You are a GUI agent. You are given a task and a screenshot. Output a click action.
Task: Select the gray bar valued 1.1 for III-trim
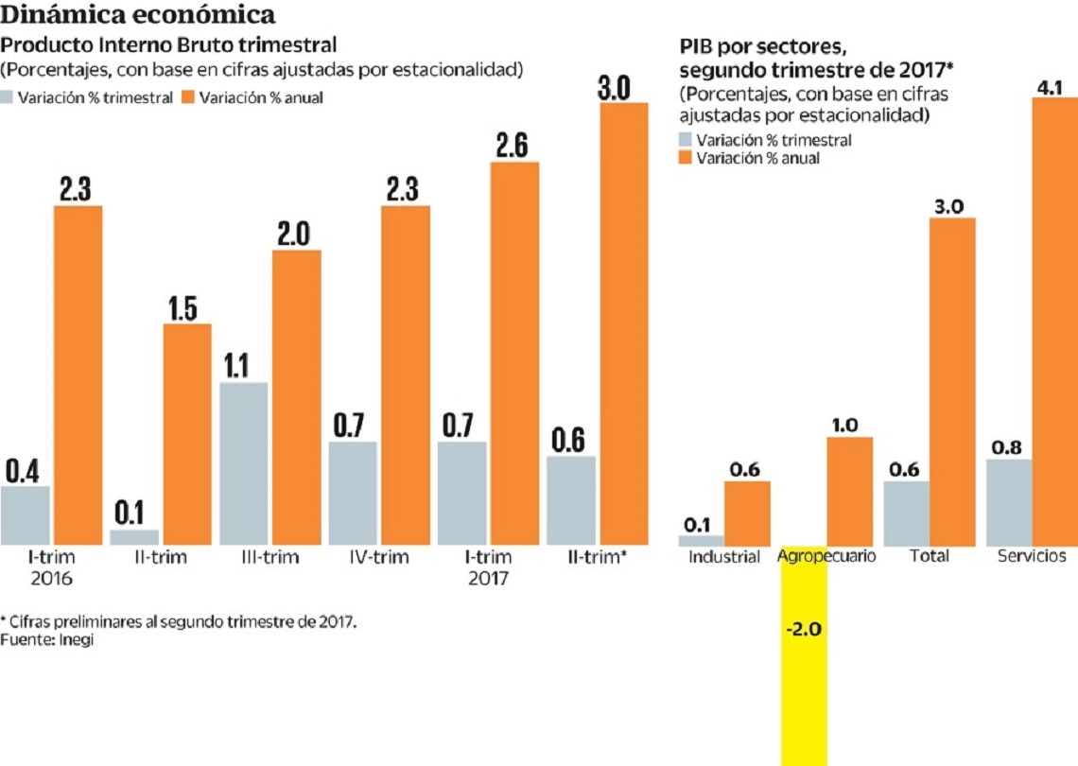(243, 463)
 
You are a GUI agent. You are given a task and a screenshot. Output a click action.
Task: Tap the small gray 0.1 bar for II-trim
(133, 537)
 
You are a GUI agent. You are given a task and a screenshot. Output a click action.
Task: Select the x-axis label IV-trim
(378, 557)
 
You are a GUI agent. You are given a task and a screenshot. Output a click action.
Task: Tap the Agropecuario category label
(826, 556)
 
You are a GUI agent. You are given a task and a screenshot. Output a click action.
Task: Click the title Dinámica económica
(139, 15)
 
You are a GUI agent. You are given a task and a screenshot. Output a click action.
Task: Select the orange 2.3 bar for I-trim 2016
(78, 374)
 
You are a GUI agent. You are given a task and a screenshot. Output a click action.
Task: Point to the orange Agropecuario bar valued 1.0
(850, 492)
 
